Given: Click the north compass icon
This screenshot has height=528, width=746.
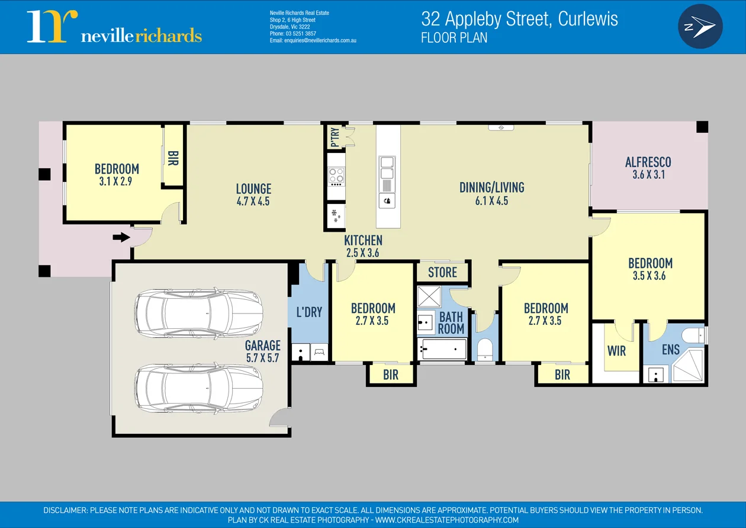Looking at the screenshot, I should click(x=700, y=26).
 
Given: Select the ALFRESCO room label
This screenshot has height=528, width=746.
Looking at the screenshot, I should click(x=648, y=162).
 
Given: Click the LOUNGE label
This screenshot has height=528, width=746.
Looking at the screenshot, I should click(x=253, y=189).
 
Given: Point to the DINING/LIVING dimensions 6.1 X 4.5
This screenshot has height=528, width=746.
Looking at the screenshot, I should click(x=491, y=201).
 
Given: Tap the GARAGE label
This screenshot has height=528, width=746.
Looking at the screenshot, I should click(x=263, y=345).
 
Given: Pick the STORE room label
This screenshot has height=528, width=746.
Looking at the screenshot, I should click(x=442, y=273).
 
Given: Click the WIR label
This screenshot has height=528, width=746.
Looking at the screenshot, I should click(x=616, y=351).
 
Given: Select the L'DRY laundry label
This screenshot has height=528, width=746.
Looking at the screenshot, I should click(x=308, y=312).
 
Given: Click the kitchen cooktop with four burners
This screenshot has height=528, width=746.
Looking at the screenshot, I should click(x=336, y=175).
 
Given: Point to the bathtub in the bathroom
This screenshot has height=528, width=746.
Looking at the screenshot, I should click(x=442, y=349).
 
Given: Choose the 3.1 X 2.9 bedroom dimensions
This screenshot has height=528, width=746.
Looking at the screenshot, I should click(x=116, y=182).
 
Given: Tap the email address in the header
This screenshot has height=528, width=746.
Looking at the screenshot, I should click(x=313, y=41).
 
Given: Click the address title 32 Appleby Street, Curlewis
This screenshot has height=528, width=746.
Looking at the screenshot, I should click(x=519, y=19).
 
